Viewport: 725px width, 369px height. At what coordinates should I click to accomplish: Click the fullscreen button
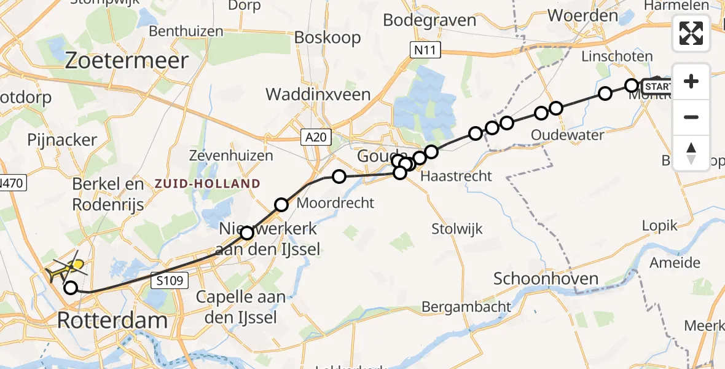tap(691, 33)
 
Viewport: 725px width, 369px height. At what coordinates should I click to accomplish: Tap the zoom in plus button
tap(691, 81)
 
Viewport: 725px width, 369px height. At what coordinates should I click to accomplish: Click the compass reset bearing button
tap(691, 153)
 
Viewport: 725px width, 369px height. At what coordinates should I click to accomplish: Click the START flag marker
tap(657, 86)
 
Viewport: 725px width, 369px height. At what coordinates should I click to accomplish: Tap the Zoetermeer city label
tap(126, 61)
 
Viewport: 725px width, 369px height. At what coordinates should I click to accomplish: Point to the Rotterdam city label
tap(112, 320)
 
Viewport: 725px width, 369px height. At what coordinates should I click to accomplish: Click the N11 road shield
tap(425, 50)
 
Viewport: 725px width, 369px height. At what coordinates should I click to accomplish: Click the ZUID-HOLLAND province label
tap(208, 183)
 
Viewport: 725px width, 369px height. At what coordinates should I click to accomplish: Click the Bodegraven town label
tap(429, 20)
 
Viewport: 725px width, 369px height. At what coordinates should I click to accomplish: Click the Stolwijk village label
tap(457, 229)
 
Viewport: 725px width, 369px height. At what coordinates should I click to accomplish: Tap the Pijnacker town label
tap(61, 140)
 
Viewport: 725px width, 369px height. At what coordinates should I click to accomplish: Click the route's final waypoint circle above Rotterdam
tap(71, 287)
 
